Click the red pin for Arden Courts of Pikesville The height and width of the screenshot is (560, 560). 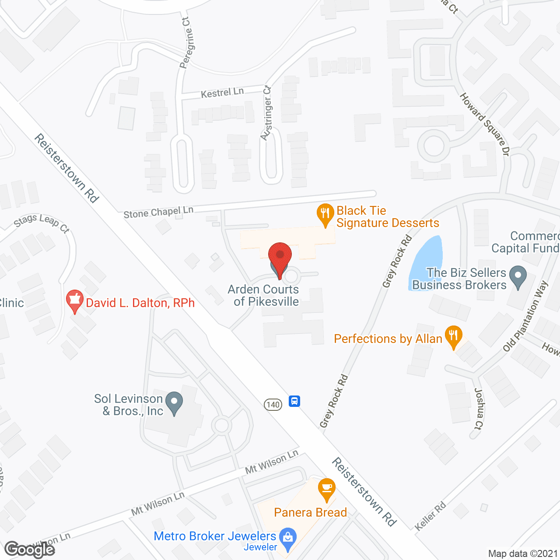[280, 256]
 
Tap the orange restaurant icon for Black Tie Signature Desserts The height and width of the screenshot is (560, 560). [325, 214]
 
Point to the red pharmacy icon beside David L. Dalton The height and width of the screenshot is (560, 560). [74, 301]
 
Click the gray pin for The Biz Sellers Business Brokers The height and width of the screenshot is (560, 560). [518, 277]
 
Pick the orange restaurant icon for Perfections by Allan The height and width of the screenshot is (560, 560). [453, 336]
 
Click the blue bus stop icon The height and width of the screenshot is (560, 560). [294, 401]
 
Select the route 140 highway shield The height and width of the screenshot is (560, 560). [273, 405]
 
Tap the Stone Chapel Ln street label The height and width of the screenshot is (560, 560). [158, 213]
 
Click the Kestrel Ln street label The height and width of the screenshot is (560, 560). [222, 92]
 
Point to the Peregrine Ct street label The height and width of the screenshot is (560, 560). [186, 43]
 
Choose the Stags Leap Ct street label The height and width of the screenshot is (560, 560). [42, 223]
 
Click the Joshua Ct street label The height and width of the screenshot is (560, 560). [479, 409]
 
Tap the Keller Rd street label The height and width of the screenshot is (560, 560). [430, 516]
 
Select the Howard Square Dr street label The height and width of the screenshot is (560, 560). [485, 124]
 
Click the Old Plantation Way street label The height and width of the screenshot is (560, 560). [525, 316]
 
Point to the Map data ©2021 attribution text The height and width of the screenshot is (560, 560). [523, 554]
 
